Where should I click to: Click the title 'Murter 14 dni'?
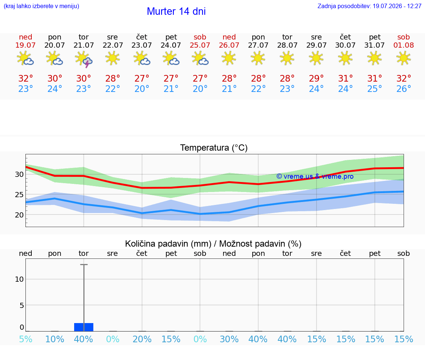tap(176, 11)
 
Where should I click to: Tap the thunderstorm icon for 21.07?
tap(83, 59)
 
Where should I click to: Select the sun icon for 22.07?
tap(113, 58)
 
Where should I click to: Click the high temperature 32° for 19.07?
tap(25, 78)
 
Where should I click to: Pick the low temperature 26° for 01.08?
tap(404, 89)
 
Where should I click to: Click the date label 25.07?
tap(200, 45)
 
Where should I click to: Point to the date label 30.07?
tap(345, 45)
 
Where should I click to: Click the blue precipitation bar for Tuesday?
tap(84, 327)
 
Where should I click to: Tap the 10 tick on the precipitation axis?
tap(20, 279)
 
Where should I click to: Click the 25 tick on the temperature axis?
tap(19, 195)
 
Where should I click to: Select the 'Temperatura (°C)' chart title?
tap(214, 148)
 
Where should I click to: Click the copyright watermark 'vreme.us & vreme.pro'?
tap(315, 176)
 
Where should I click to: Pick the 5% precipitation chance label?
tap(26, 339)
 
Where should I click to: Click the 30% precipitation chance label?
tap(229, 339)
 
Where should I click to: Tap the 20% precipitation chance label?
tap(142, 339)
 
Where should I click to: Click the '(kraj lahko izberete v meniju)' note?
tap(41, 6)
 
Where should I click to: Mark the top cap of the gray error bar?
tap(84, 264)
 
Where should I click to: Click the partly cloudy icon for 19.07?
tap(25, 58)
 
